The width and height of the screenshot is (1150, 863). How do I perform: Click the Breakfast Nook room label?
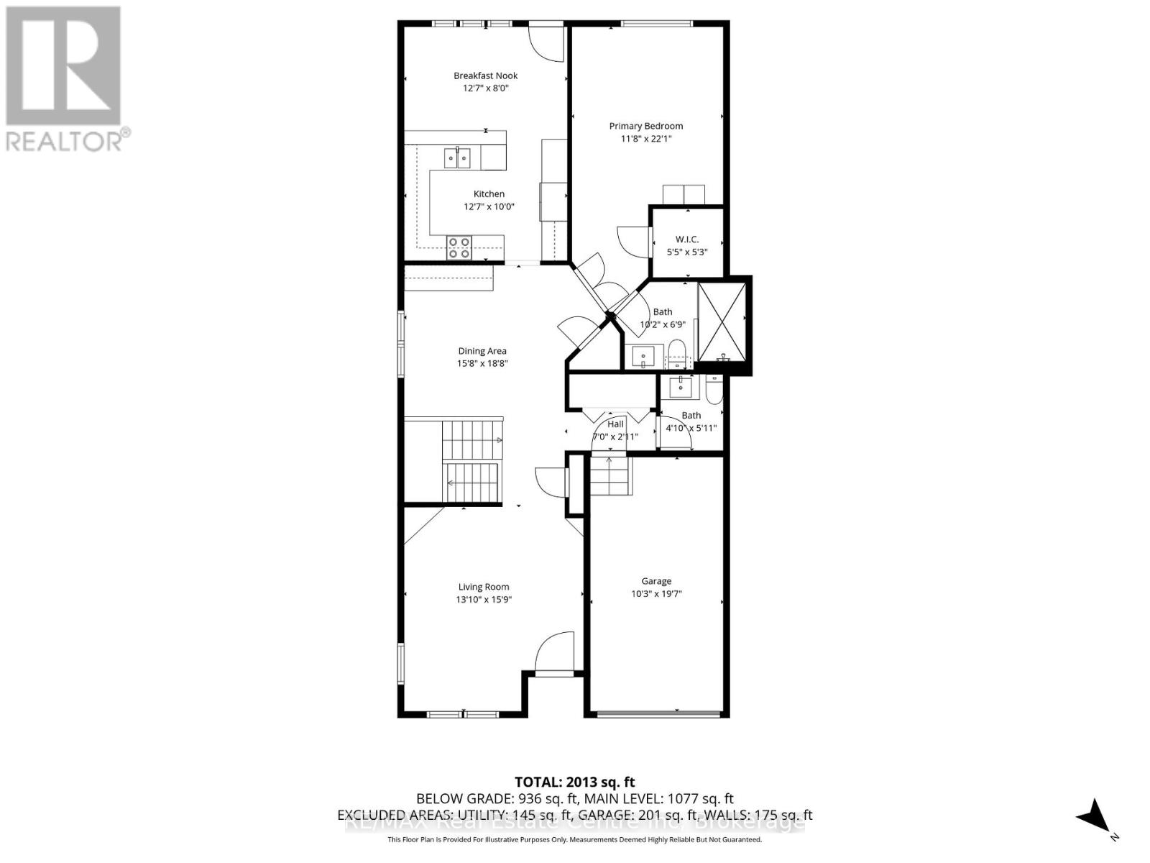[485, 76]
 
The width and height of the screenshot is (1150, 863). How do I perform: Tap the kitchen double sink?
[457, 156]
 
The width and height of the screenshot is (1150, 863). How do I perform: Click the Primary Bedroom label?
[645, 126]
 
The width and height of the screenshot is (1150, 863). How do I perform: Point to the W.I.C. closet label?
[687, 239]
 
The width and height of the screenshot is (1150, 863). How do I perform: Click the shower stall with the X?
[722, 321]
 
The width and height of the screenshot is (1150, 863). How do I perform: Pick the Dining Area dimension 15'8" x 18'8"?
[482, 363]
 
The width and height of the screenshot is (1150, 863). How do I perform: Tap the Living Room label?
[484, 587]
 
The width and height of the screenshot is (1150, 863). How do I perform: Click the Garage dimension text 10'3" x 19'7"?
[656, 593]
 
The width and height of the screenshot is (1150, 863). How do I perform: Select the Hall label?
[615, 424]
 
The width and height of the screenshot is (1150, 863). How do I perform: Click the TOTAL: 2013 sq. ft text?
[574, 782]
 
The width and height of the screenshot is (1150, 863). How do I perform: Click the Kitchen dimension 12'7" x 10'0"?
[489, 206]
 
